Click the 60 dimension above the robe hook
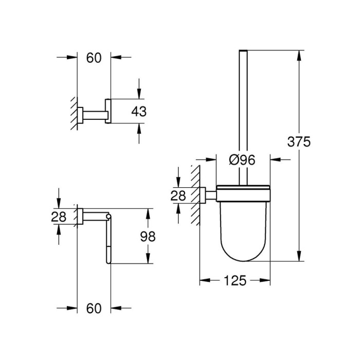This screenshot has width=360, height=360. [93, 58]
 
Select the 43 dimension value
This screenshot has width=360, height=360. [139, 111]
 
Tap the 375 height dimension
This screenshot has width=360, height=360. [300, 142]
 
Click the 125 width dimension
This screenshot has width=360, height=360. [235, 281]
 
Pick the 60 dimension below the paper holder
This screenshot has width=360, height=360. [93, 309]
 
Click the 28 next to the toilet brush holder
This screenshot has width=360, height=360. [178, 194]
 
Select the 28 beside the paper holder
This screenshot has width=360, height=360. [59, 217]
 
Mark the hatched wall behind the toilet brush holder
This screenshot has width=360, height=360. [195, 195]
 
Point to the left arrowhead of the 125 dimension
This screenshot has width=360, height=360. [203, 281]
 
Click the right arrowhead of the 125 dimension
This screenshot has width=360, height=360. [267, 281]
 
